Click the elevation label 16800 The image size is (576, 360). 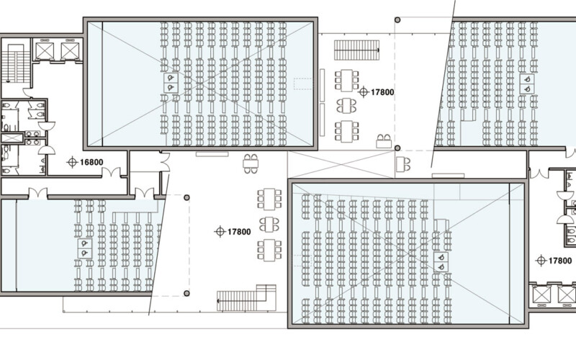tap(91, 162)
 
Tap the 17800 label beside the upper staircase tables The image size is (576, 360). tap(382, 92)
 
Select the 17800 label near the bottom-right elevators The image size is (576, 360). tap(560, 261)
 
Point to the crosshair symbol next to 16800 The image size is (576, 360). tap(73, 162)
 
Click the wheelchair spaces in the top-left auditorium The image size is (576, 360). tap(171, 83)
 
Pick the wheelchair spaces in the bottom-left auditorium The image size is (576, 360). tap(85, 248)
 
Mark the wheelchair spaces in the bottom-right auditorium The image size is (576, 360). tap(441, 262)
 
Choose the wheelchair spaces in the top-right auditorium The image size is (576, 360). tap(527, 84)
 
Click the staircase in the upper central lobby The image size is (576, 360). tap(356, 50)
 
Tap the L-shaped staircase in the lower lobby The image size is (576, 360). tap(246, 298)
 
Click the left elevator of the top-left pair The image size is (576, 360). tap(45, 50)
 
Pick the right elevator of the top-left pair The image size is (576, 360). tap(70, 50)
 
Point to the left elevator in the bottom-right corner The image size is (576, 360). tap(542, 295)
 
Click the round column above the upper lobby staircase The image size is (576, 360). tap(397, 20)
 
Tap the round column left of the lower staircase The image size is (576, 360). tap(186, 293)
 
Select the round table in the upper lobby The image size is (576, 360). tap(346, 105)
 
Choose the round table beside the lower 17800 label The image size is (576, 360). tap(269, 224)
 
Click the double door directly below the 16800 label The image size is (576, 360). tap(111, 172)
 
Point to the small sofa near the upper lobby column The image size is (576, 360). tap(384, 141)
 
